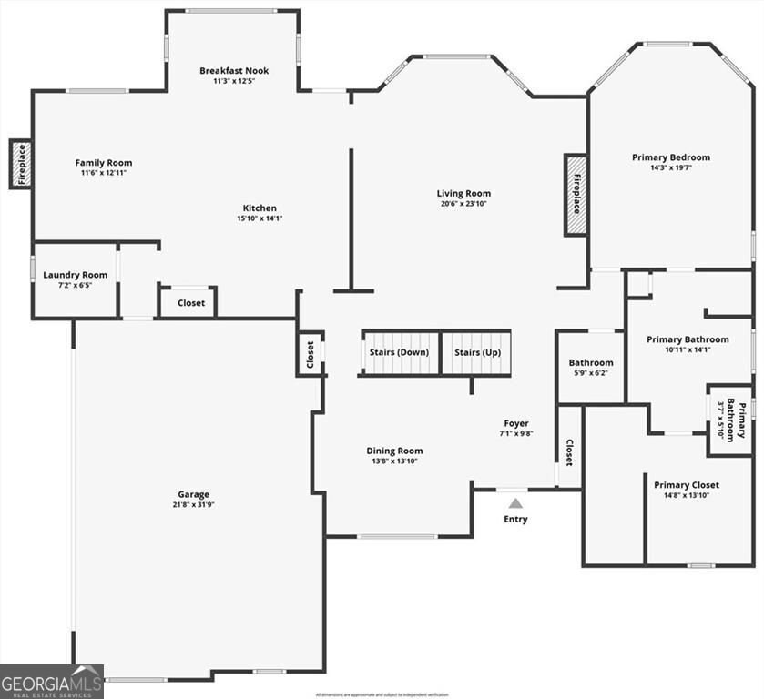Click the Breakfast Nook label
pyautogui.click(x=234, y=70)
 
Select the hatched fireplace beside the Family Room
pyautogui.click(x=20, y=164)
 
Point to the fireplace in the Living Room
pyautogui.click(x=576, y=196)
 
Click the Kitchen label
pyautogui.click(x=260, y=208)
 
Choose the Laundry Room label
pyautogui.click(x=75, y=275)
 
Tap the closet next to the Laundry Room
pyautogui.click(x=190, y=303)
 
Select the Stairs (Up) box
pyautogui.click(x=477, y=352)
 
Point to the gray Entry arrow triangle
pyautogui.click(x=516, y=502)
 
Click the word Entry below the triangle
pyautogui.click(x=516, y=520)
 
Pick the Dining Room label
pyautogui.click(x=394, y=451)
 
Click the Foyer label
pyautogui.click(x=516, y=423)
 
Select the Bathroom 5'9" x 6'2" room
pyautogui.click(x=591, y=367)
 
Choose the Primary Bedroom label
pyautogui.click(x=671, y=157)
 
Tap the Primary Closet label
pyautogui.click(x=687, y=485)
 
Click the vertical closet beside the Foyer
pyautogui.click(x=569, y=452)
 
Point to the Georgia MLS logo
pyautogui.click(x=52, y=681)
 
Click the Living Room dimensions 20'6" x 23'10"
pyautogui.click(x=463, y=204)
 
